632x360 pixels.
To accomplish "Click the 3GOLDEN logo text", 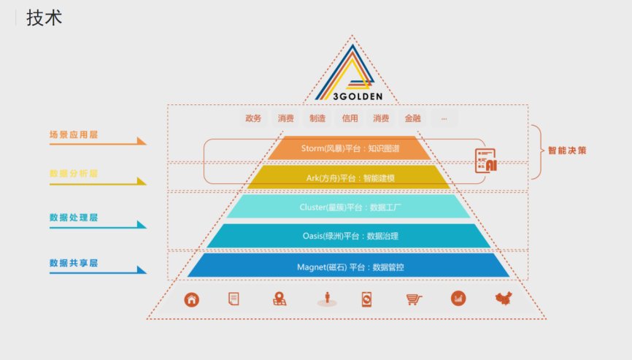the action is click(x=358, y=96).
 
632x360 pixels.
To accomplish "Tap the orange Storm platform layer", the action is click(x=350, y=148).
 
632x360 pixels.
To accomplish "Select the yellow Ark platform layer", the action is click(x=349, y=177).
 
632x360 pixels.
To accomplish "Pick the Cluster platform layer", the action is click(x=349, y=207).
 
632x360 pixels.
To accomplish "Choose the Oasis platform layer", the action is click(x=349, y=236).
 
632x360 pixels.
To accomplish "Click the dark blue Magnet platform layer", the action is click(x=349, y=266).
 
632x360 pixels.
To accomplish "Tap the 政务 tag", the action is click(x=253, y=118).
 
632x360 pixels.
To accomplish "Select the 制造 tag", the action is click(x=317, y=118).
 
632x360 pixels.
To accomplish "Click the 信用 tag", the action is click(x=350, y=118).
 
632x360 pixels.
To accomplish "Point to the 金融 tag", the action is click(x=413, y=118).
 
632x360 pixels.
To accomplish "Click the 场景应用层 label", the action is click(x=74, y=134).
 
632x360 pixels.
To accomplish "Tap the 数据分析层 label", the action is click(x=74, y=174).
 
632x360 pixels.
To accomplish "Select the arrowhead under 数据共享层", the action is click(x=142, y=269).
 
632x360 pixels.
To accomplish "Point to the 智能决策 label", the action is click(x=567, y=150).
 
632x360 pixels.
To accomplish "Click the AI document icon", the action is click(x=486, y=161).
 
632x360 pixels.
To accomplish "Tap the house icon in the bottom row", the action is click(x=191, y=299).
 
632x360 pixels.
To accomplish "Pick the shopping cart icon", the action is click(x=414, y=299).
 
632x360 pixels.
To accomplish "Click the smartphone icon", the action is click(x=367, y=299).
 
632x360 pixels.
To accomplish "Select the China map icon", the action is click(x=504, y=299).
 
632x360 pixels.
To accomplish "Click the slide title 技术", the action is click(x=45, y=18).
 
